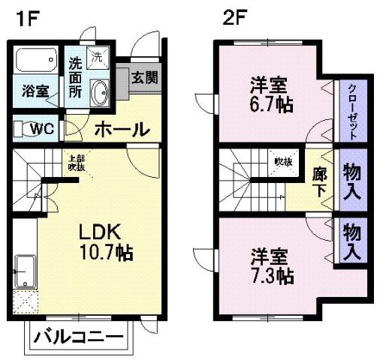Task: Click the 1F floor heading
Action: pyautogui.click(x=23, y=16)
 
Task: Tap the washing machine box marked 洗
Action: pyautogui.click(x=98, y=55)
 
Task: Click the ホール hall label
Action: pyautogui.click(x=121, y=129)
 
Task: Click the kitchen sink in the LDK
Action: pyautogui.click(x=25, y=268)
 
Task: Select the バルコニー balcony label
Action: pyautogui.click(x=78, y=336)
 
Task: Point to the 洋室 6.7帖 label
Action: pyautogui.click(x=271, y=92)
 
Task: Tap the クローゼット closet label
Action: pyautogui.click(x=351, y=109)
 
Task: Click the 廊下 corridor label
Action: pyautogui.click(x=318, y=181)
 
